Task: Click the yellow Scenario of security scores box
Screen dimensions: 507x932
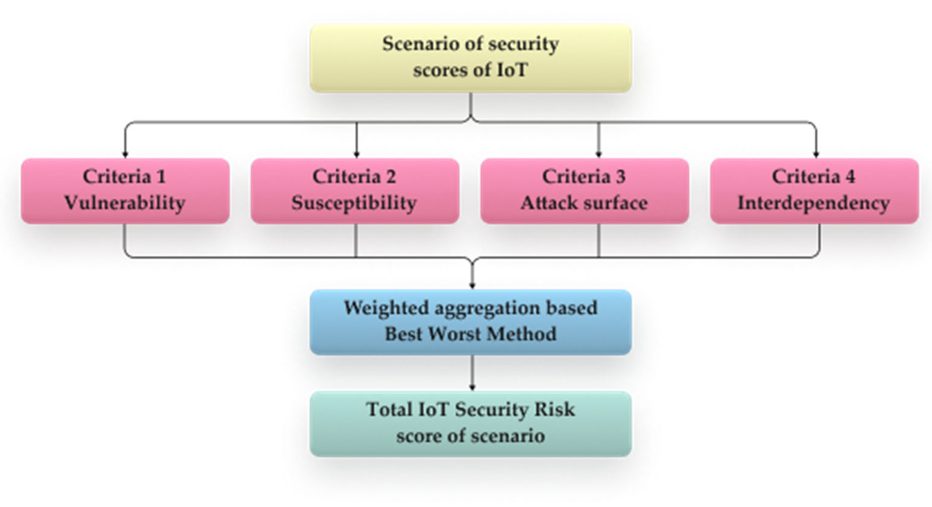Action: (470, 58)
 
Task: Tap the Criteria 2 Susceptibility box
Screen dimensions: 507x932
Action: (355, 191)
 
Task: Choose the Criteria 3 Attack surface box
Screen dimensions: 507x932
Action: (584, 191)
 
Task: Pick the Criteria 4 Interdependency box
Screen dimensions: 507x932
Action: (814, 191)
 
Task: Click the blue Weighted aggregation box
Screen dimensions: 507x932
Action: (470, 322)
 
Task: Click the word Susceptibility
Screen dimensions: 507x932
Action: (354, 203)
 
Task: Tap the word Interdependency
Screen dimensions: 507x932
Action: (814, 203)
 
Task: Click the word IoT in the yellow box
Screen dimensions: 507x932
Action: (512, 70)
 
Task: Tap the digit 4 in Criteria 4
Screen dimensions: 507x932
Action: (850, 177)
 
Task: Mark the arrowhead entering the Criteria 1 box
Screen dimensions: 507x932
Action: (125, 155)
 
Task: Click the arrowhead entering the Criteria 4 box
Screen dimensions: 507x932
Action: (816, 155)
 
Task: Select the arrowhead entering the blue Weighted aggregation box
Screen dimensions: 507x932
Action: (472, 286)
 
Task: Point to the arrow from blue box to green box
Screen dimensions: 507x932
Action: (472, 373)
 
